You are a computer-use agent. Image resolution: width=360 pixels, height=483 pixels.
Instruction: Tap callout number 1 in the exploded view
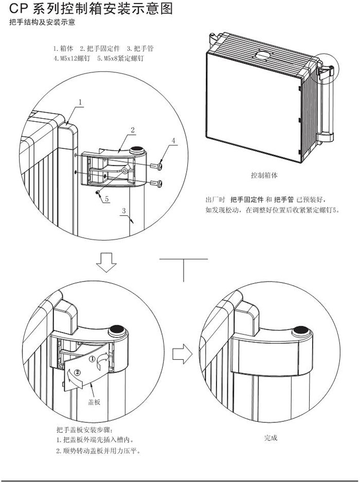point(80,103)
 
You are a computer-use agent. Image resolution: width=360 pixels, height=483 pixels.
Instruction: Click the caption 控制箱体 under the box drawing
point(264,175)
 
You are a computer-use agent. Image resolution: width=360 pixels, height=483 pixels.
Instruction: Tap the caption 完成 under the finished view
point(271,438)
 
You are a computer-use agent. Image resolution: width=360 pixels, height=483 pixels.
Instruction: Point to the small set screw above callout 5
point(98,192)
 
